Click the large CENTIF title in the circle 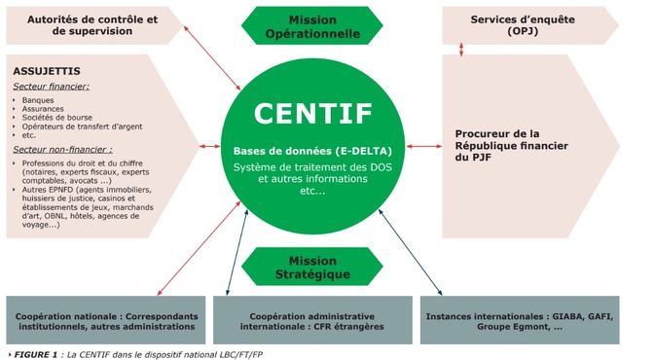coord(312,113)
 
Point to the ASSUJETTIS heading coord(46,71)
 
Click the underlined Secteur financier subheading coord(52,87)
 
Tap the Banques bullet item coord(39,100)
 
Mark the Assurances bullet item coord(45,110)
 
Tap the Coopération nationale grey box coord(106,321)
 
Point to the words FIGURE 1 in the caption coord(31,353)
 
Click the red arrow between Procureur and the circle coord(424,146)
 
